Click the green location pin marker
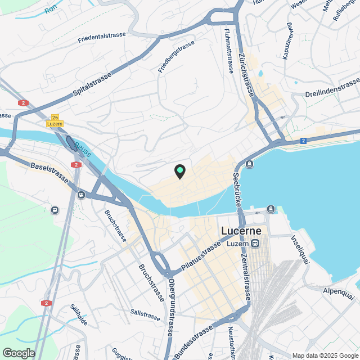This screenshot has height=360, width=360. pyautogui.click(x=179, y=171)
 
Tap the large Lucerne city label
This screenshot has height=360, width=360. pyautogui.click(x=242, y=231)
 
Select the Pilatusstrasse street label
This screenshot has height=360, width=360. pyautogui.click(x=201, y=256)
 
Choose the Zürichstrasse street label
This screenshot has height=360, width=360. pyautogui.click(x=247, y=79)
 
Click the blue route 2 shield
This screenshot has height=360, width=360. pyautogui.click(x=303, y=141)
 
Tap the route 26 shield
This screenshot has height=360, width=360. pyautogui.click(x=55, y=117)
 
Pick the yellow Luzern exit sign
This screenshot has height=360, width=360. pyautogui.click(x=55, y=124)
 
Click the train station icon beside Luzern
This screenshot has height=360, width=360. pyautogui.click(x=255, y=244)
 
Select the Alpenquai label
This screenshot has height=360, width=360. pyautogui.click(x=339, y=292)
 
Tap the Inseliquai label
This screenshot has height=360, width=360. pyautogui.click(x=298, y=250)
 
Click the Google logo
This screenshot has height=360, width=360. pyautogui.click(x=19, y=353)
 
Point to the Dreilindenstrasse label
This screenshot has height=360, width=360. pyautogui.click(x=332, y=88)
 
